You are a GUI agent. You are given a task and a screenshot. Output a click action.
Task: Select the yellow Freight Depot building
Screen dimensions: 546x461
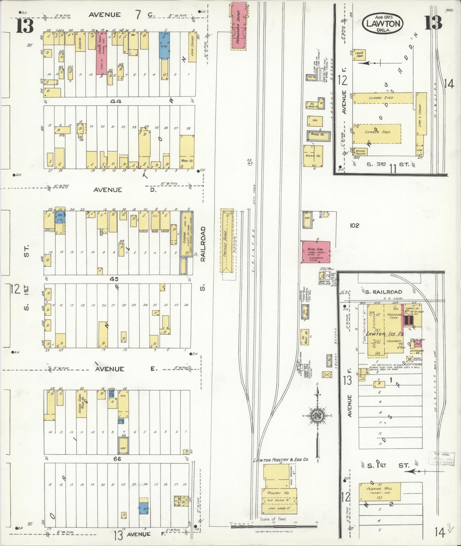coord(227,241)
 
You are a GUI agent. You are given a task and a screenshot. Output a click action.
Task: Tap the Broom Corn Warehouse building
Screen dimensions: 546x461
coord(81,404)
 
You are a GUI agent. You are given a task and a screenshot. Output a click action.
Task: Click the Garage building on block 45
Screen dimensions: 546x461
coord(186,234)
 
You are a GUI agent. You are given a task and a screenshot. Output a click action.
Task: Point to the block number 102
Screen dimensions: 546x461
coord(354,225)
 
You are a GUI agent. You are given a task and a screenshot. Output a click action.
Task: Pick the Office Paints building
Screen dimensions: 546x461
coord(360,152)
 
